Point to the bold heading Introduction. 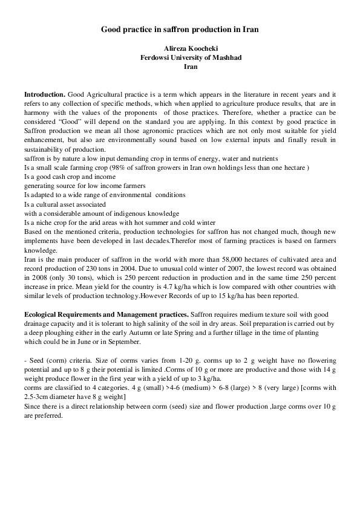[45, 95]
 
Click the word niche [42, 222]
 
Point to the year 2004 [131, 268]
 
